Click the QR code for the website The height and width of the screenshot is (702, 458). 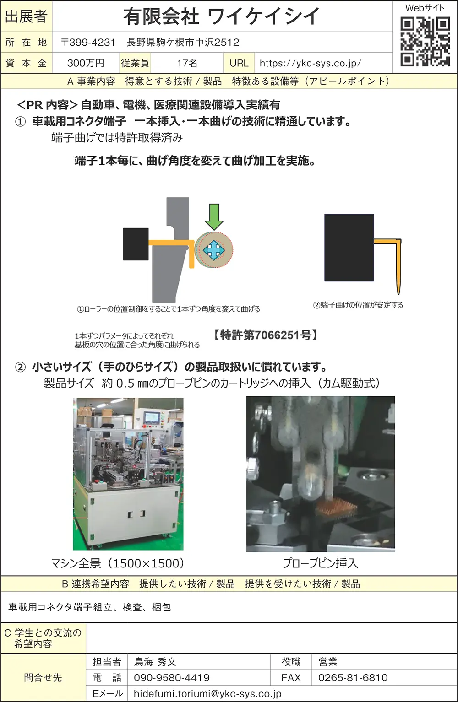(425, 42)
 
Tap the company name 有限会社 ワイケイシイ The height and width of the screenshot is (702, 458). (221, 16)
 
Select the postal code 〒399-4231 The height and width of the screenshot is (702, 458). (88, 42)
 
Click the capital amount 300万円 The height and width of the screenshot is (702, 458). (85, 63)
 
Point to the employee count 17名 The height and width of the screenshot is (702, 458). (187, 63)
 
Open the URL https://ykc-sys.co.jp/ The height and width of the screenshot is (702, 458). (310, 63)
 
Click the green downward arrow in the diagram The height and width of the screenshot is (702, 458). (214, 217)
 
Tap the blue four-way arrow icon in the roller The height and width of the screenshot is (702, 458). (213, 250)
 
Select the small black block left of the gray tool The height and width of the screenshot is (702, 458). (136, 244)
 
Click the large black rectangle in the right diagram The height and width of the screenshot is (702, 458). (349, 248)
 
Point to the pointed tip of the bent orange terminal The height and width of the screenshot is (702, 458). (398, 294)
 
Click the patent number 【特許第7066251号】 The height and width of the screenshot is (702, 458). (265, 335)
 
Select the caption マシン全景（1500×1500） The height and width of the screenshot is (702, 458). (117, 563)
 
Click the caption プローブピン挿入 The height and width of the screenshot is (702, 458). (320, 563)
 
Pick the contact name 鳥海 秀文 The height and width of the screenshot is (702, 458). (155, 662)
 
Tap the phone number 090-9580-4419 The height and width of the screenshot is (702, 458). (172, 678)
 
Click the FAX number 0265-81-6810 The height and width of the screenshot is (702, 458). (353, 678)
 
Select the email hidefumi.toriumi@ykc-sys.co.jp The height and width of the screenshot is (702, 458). (207, 694)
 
